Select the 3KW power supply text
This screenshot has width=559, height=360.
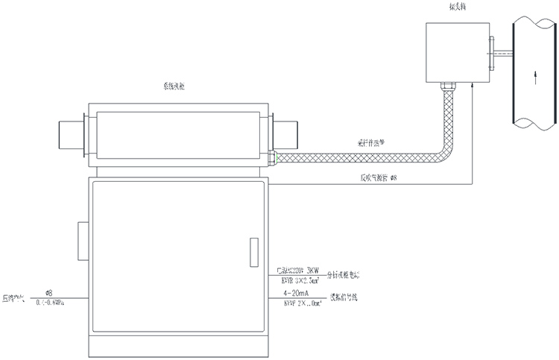(299, 270)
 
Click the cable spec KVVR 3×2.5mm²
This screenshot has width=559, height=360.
(299, 281)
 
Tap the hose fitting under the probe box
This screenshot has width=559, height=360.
(446, 88)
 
